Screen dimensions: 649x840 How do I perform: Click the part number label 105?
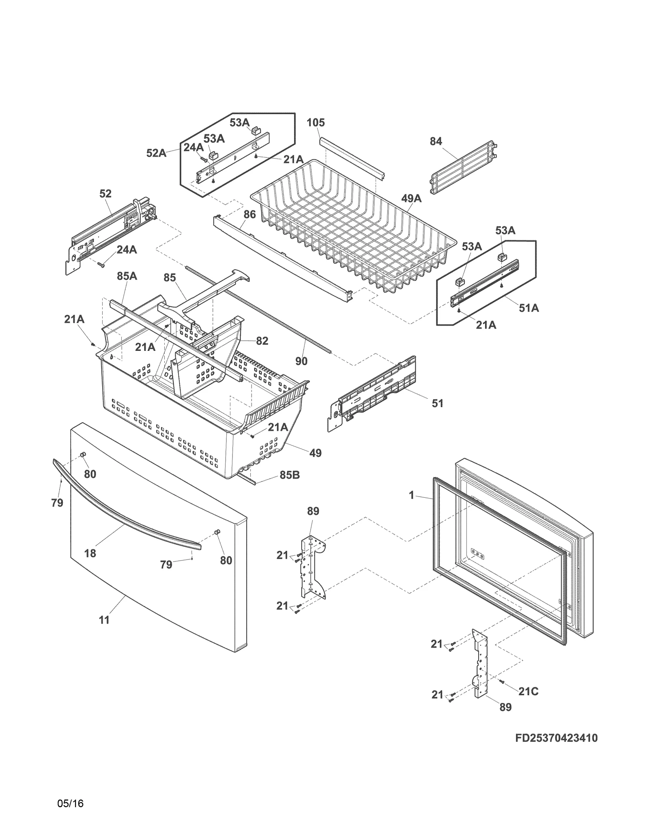[316, 122]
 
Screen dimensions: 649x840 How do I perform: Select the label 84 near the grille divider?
[436, 142]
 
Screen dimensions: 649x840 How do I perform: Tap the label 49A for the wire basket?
[411, 198]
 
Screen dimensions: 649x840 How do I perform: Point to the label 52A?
[156, 153]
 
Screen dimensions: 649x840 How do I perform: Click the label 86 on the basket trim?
[250, 214]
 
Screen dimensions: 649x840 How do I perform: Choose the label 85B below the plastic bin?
[290, 475]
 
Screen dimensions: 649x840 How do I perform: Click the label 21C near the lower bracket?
[528, 692]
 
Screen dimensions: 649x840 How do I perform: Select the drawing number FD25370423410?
[557, 738]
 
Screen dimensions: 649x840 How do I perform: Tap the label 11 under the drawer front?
[104, 620]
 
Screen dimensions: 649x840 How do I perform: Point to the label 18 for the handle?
[90, 553]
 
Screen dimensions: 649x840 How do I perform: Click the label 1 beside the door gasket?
[412, 495]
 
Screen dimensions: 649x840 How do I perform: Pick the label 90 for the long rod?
[301, 361]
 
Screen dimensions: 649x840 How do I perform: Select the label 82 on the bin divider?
[262, 341]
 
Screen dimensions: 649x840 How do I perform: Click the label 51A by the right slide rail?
[529, 308]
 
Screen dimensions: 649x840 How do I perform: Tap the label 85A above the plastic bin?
[127, 276]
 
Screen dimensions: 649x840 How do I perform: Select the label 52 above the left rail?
[105, 194]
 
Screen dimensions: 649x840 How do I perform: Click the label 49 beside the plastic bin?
[315, 453]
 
